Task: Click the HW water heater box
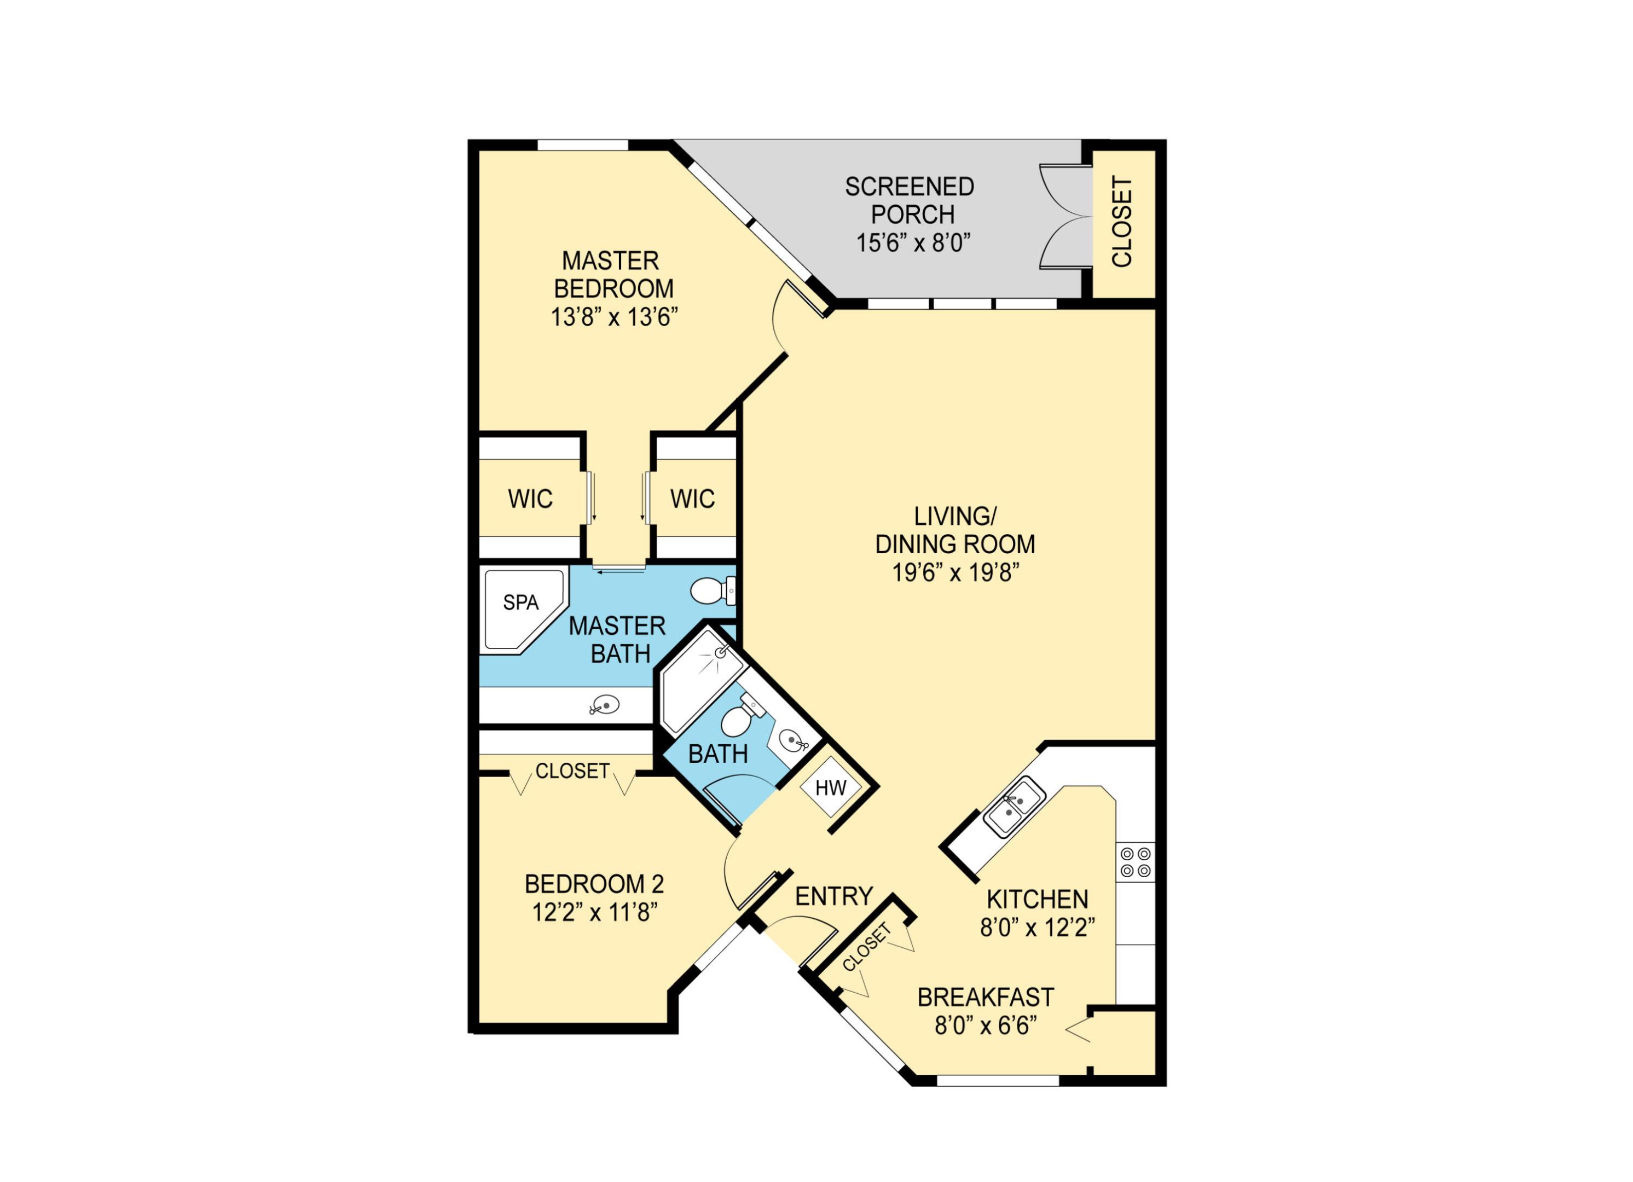(x=830, y=787)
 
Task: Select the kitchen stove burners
(x=1136, y=862)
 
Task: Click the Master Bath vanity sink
(x=605, y=705)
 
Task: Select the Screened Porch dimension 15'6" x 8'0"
(x=913, y=244)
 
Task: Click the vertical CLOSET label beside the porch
(x=1122, y=222)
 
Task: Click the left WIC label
(x=530, y=499)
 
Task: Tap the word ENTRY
(x=834, y=896)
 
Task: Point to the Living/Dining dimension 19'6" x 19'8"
(x=956, y=573)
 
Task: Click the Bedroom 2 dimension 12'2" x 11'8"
(x=595, y=913)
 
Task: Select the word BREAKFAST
(x=985, y=998)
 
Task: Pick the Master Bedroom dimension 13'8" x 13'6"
(x=614, y=317)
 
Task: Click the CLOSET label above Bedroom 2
(x=572, y=771)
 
